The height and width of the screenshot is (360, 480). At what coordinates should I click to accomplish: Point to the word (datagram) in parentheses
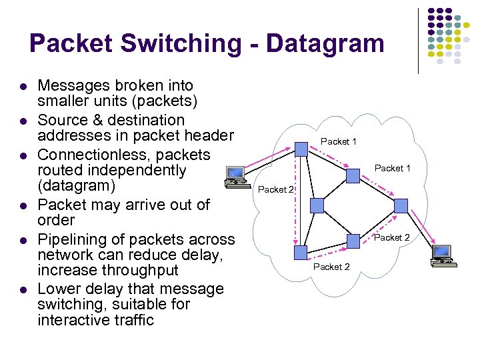point(77,185)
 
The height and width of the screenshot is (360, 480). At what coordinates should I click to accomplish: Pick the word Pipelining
point(75,239)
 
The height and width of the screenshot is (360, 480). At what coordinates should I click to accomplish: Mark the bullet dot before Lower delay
point(22,290)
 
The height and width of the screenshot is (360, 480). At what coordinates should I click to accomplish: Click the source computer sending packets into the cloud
point(235,176)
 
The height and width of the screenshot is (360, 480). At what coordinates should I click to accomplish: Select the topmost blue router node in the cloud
point(301,149)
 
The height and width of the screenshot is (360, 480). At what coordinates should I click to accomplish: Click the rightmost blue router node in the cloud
point(401,205)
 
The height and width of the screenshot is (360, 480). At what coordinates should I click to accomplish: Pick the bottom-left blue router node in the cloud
point(301,251)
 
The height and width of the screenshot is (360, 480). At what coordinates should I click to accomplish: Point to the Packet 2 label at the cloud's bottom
point(331,267)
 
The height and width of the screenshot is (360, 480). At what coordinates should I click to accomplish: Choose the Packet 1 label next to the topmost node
point(339,141)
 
